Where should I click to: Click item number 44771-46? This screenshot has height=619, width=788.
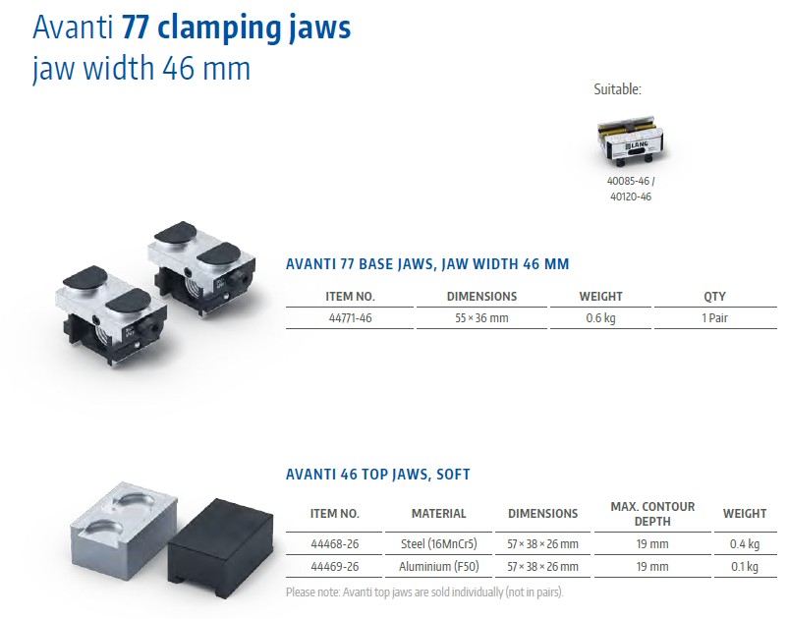click(x=351, y=318)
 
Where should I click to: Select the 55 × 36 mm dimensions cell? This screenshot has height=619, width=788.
click(x=481, y=318)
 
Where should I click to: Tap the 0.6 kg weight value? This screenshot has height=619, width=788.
click(x=600, y=318)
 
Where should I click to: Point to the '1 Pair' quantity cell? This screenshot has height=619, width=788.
click(x=714, y=318)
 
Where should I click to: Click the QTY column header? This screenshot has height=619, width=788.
click(x=714, y=297)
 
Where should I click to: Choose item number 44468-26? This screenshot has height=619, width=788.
click(x=335, y=543)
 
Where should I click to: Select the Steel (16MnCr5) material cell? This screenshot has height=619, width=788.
click(x=439, y=543)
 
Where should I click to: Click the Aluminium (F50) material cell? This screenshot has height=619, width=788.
click(x=439, y=566)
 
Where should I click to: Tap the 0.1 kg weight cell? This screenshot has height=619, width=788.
click(x=745, y=566)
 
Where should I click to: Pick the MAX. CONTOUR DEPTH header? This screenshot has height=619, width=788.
click(x=652, y=514)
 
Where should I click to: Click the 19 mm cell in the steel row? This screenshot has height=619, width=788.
click(x=652, y=543)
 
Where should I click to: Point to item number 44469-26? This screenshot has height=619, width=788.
click(x=335, y=566)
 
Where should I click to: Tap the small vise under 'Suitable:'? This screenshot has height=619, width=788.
click(x=630, y=141)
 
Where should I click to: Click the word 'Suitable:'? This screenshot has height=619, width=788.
click(x=618, y=89)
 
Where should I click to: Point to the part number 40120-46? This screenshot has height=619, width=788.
click(x=631, y=197)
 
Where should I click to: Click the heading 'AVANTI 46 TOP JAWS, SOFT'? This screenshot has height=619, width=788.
click(x=378, y=475)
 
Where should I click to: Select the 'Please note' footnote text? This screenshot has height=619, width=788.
click(x=424, y=592)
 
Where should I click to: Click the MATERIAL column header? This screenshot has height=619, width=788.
click(x=439, y=514)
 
